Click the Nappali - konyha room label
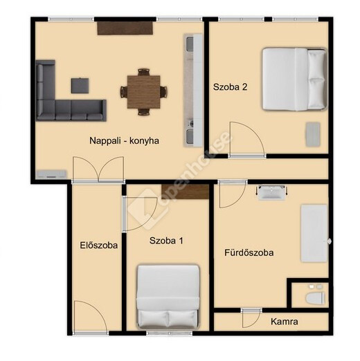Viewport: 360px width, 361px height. [x=124, y=140]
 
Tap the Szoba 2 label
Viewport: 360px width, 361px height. [x=230, y=87]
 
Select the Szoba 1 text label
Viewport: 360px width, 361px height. [x=166, y=241]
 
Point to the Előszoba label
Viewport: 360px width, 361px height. [x=99, y=246]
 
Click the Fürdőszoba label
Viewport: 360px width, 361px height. [x=249, y=252]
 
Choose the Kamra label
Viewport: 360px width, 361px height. [x=285, y=322]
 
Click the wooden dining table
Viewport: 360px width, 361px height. [x=144, y=92]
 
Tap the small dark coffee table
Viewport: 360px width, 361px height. [x=80, y=86]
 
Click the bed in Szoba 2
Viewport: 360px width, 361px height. [x=295, y=79]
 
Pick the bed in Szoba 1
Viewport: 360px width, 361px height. [x=168, y=297]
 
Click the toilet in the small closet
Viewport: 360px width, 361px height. [x=315, y=297]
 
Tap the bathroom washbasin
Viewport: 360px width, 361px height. [x=271, y=192]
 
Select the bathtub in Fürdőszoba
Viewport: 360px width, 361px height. [x=314, y=233]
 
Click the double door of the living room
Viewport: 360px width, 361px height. [x=98, y=170]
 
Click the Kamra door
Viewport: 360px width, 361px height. [x=251, y=318]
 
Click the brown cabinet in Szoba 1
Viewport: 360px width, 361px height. [x=185, y=192]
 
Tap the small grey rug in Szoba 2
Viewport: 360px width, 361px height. [x=313, y=134]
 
